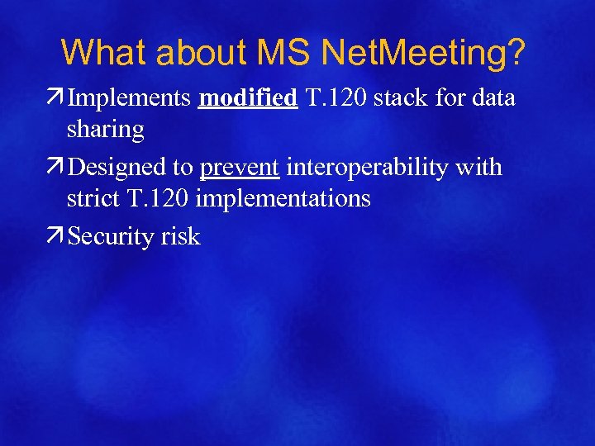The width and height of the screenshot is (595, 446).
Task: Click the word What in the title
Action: coord(104,52)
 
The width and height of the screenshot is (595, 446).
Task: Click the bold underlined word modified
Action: coord(248,98)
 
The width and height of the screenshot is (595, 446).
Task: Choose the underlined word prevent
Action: coord(240,167)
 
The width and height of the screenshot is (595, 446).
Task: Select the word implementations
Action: coord(282,198)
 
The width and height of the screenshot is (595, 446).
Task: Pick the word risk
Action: coord(180,236)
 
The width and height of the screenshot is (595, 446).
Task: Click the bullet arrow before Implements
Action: coord(58,98)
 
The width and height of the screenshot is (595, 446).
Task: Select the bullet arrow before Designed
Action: coord(58,167)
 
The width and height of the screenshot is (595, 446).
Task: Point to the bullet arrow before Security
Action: coord(58,236)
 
